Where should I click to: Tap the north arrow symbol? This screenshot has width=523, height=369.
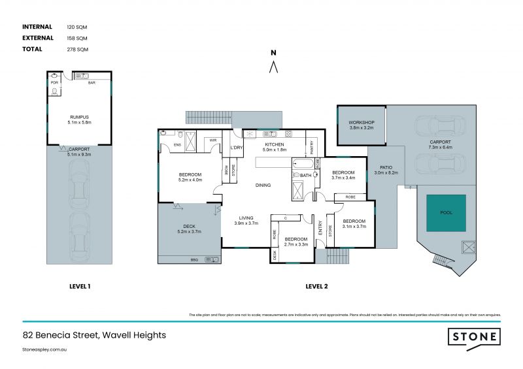coord(275,65)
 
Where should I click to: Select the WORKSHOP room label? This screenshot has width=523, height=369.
coord(361,123)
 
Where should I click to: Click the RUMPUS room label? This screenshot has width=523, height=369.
coord(79,117)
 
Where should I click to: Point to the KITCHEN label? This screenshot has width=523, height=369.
coord(274,144)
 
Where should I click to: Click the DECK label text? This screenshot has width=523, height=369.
coord(190,227)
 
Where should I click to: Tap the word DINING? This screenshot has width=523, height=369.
coord(263,185)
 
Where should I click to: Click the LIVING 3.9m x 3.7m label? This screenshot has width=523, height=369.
coord(246,221)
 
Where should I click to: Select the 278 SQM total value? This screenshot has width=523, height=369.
coord(76,50)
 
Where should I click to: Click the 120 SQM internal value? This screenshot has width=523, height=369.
coord(76,27)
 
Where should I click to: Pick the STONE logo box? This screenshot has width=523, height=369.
coord(474,337)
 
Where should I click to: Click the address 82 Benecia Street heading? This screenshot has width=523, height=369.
coord(94,335)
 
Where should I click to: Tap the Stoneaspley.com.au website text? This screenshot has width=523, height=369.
coord(45,350)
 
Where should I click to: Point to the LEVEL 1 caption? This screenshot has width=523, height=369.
coord(80,286)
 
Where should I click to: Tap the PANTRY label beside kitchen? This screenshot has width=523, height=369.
coord(311,148)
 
